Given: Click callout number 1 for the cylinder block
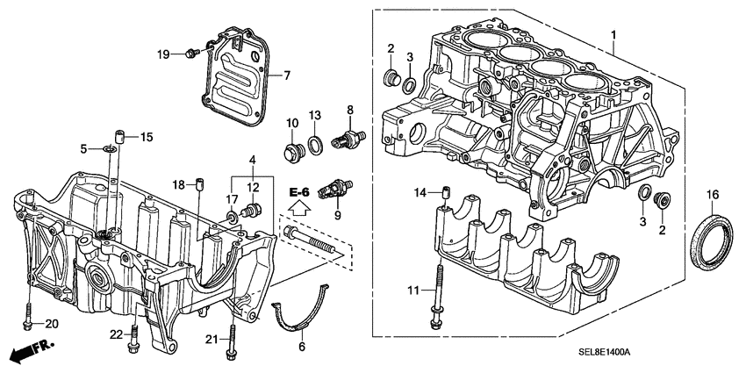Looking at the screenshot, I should (x=613, y=34).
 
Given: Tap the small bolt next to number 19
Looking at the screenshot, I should (x=190, y=55).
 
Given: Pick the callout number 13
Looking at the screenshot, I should (x=316, y=116).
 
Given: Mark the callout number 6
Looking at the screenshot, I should (x=303, y=347).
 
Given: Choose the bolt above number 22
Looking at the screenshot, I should (x=134, y=341).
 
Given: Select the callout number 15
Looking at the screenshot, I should (x=147, y=136).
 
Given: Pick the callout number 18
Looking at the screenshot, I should (x=179, y=184).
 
